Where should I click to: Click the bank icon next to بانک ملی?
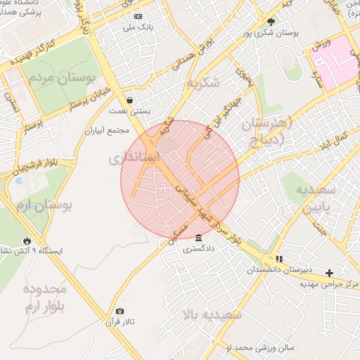[x=137, y=16]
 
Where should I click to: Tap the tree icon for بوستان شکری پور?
[x=271, y=22]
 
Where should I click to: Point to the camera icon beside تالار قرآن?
[x=120, y=311]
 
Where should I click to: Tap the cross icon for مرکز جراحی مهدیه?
[x=328, y=272]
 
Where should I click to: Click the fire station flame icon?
[x=27, y=240]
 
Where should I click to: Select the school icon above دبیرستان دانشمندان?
[x=279, y=258]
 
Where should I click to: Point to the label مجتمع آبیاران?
[x=108, y=131]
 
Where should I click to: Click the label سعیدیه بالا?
[x=212, y=314]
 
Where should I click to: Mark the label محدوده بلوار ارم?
[x=44, y=298]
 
